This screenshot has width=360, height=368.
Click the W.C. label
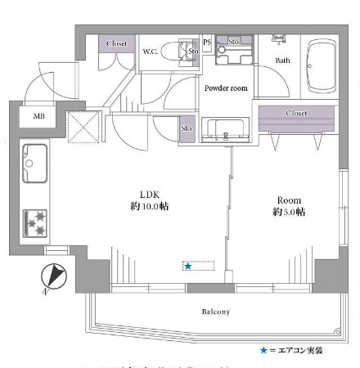coord(151,51)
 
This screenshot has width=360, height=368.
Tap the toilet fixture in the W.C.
coord(176,51)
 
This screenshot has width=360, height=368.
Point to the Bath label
coord(282,60)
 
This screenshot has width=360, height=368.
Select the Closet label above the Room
coord(297,113)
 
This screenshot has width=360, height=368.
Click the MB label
coord(38,115)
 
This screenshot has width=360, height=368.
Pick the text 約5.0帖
coord(289,212)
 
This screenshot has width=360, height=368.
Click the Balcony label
coord(216,312)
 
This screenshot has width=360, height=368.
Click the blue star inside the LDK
coord(188,266)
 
